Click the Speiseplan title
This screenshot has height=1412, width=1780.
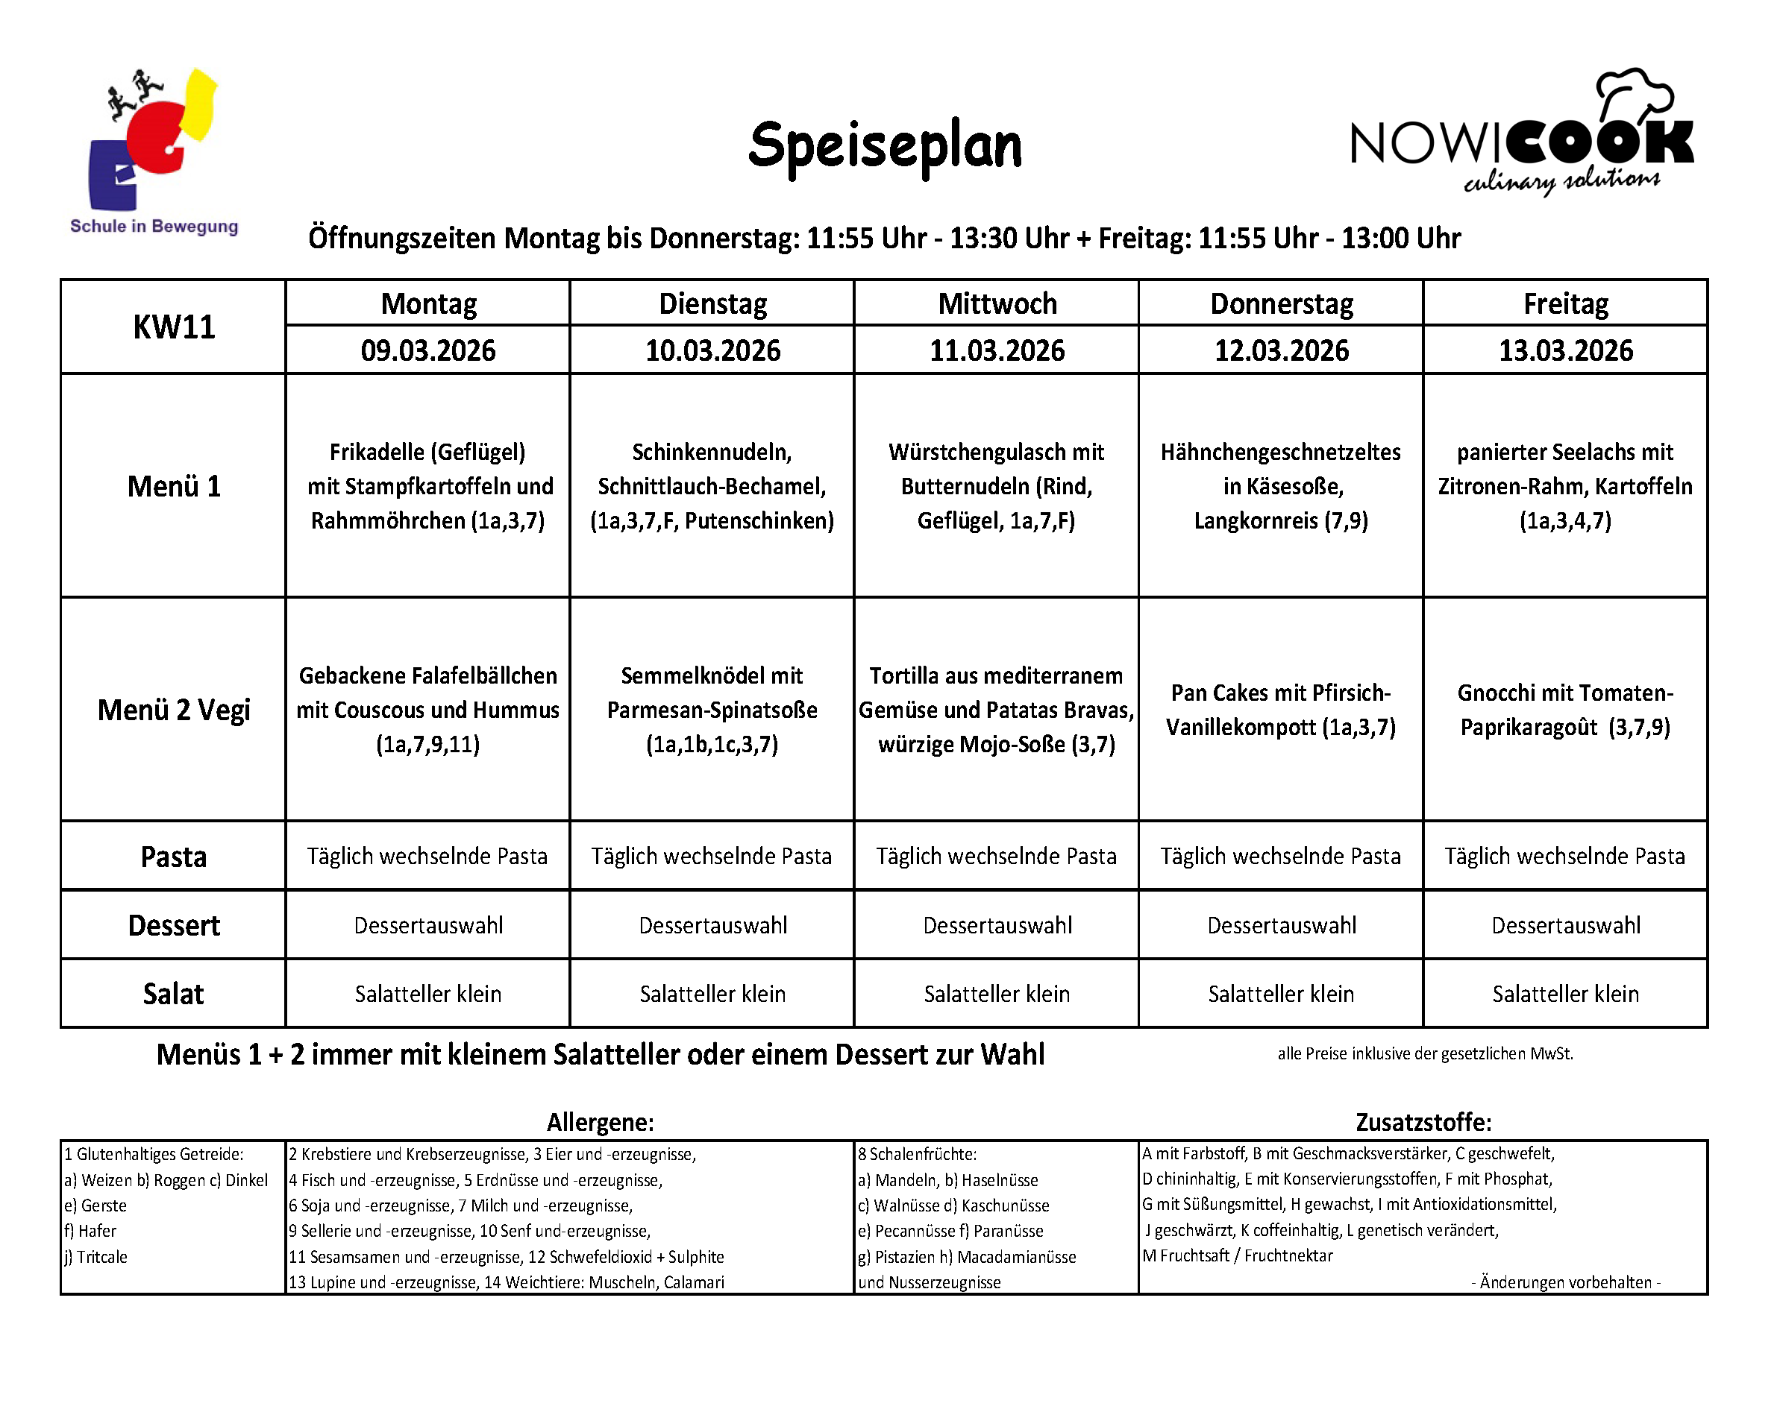[x=884, y=146]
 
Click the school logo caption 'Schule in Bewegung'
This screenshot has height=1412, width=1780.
[x=154, y=226]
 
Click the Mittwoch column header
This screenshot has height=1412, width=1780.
[x=997, y=303]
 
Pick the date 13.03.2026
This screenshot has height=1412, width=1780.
[x=1565, y=350]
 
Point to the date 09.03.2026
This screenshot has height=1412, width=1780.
[x=427, y=350]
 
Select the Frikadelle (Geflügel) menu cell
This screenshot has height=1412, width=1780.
[x=427, y=486]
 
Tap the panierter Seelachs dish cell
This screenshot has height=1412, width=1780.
[x=1565, y=486]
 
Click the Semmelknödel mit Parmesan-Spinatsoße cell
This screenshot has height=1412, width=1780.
[x=712, y=710]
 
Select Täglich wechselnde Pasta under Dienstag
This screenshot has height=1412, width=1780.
[x=712, y=857]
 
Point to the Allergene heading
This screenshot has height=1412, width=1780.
[x=601, y=1122]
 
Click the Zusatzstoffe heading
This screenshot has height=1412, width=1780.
[x=1423, y=1122]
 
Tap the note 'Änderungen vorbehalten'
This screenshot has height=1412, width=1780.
[x=1565, y=1282]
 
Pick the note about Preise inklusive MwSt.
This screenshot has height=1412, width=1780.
[x=1425, y=1054]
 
